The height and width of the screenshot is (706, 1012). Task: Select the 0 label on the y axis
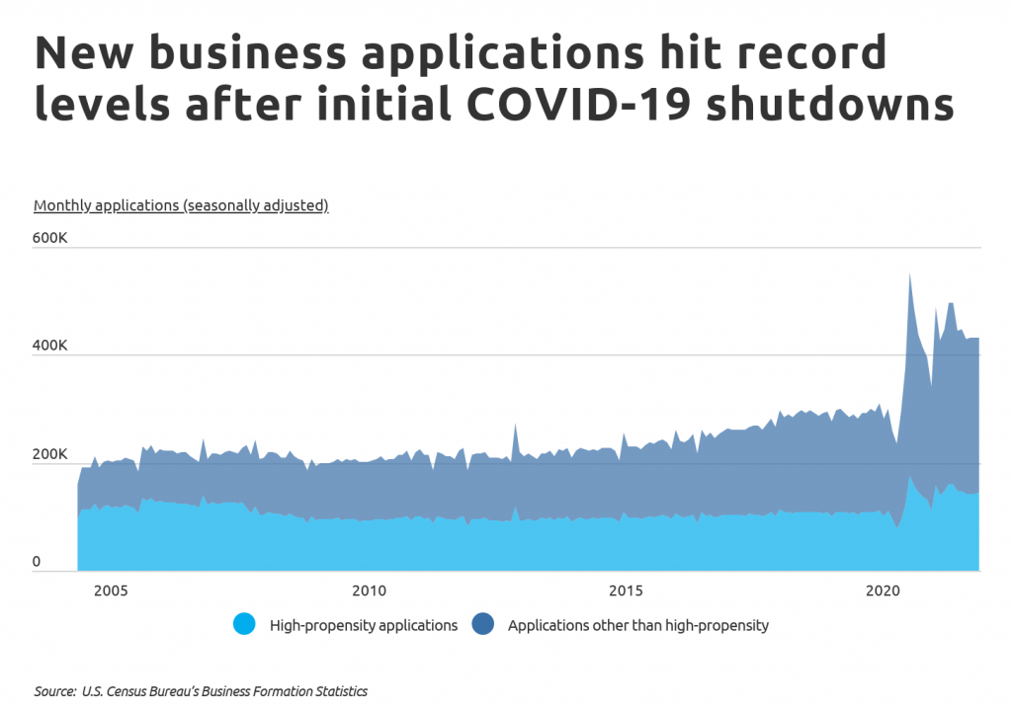[38, 562]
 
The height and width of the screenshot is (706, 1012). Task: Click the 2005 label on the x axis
[110, 589]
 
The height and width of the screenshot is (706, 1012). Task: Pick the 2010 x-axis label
[368, 589]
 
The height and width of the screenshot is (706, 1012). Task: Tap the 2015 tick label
[625, 589]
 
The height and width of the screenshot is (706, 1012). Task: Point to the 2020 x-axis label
[883, 589]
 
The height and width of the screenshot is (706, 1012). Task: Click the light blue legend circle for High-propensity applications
[244, 624]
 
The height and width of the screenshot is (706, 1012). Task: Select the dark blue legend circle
[482, 624]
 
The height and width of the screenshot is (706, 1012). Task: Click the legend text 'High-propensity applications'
[363, 625]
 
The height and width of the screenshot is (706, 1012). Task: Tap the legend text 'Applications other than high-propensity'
[637, 625]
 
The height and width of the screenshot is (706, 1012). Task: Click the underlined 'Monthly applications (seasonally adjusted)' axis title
[181, 205]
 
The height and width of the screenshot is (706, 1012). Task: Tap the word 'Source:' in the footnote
[54, 691]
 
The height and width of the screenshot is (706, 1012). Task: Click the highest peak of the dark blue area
[909, 274]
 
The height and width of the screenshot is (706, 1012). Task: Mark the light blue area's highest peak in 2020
[909, 477]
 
